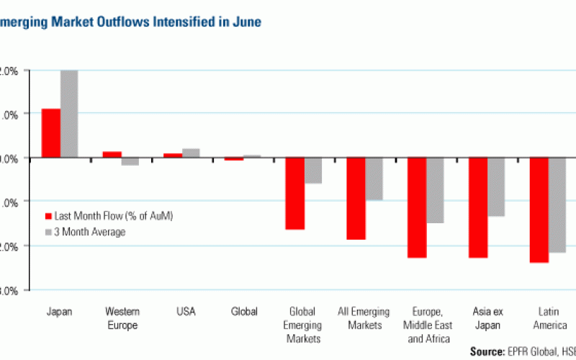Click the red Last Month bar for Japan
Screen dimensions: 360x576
pyautogui.click(x=51, y=132)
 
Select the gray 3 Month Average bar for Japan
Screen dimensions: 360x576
pyautogui.click(x=69, y=114)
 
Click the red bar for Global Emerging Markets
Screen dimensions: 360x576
pyautogui.click(x=295, y=193)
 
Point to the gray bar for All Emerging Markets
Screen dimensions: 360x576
pyautogui.click(x=374, y=179)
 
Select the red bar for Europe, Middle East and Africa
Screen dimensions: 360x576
pyautogui.click(x=418, y=207)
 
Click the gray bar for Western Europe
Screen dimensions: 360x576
pyautogui.click(x=130, y=161)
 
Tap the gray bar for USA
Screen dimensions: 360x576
pyautogui.click(x=191, y=153)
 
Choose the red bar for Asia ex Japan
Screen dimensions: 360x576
pyautogui.click(x=479, y=207)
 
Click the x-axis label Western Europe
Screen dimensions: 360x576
pyautogui.click(x=122, y=318)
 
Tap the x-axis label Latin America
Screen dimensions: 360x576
pyautogui.click(x=549, y=318)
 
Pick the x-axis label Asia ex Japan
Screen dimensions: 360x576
pyautogui.click(x=487, y=318)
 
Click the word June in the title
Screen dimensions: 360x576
pyautogui.click(x=247, y=22)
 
